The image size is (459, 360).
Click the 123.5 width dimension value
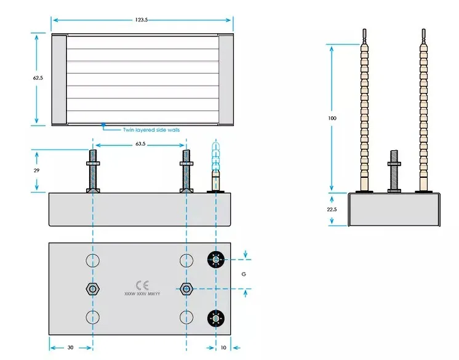tap(142, 20)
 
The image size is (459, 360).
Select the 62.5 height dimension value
tap(38, 78)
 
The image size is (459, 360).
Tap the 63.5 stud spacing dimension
tap(140, 144)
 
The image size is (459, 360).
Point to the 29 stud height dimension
tap(36, 170)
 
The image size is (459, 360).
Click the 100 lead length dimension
tap(332, 118)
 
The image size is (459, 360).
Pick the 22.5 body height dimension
tap(332, 209)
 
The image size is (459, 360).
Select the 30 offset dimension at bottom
tap(70, 348)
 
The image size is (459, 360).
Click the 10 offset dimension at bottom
tap(223, 348)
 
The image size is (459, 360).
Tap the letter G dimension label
tap(244, 274)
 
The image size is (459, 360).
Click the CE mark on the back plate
tap(142, 285)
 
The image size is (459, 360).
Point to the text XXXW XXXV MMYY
tap(142, 294)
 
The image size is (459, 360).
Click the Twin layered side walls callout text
tap(151, 130)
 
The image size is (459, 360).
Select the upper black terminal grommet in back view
tap(216, 260)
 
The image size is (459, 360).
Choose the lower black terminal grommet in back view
tap(216, 318)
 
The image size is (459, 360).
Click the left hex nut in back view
tap(93, 289)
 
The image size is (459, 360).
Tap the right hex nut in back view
tap(186, 289)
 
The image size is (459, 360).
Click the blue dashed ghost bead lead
tap(216, 156)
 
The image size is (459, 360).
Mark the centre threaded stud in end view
tap(394, 172)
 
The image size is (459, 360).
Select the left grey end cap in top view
tap(60, 79)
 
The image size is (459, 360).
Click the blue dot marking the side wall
tap(103, 125)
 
